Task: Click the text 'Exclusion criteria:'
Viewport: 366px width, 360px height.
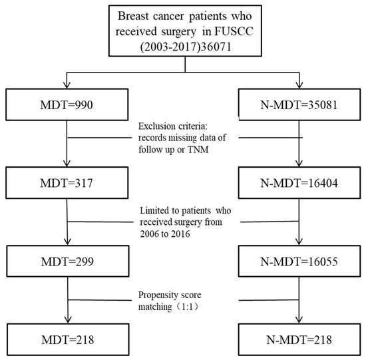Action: click(x=173, y=126)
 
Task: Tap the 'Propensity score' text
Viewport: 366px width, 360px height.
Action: click(x=169, y=293)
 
